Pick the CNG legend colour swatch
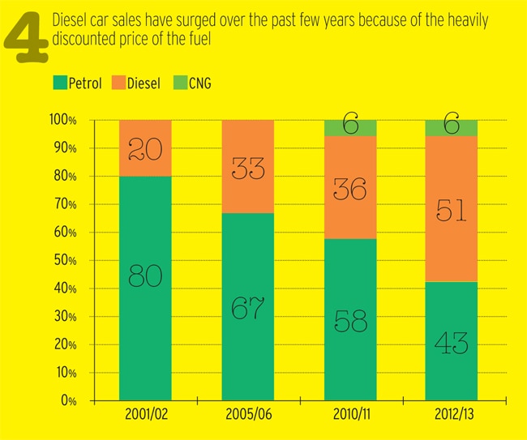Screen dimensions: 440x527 tap(182, 82)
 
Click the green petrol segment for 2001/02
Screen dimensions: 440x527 tap(145, 288)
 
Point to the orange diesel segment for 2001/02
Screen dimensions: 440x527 tap(145, 148)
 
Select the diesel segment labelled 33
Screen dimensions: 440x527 tap(249, 166)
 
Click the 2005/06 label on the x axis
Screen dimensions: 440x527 tap(249, 416)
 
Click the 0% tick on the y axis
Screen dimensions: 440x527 tap(70, 401)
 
